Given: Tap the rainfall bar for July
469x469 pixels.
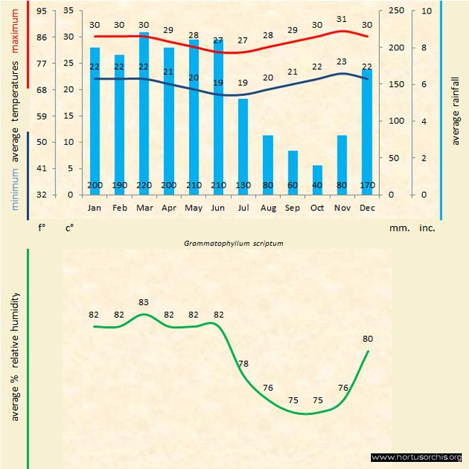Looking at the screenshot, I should click(x=243, y=146).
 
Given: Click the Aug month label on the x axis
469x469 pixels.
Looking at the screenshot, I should click(x=268, y=208).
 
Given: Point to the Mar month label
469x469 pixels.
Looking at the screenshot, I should click(x=144, y=208).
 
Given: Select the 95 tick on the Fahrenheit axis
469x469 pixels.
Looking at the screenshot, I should click(x=42, y=11).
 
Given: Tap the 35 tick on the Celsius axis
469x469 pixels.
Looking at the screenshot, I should click(x=68, y=11).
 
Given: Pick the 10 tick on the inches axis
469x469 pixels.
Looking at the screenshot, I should click(x=425, y=11).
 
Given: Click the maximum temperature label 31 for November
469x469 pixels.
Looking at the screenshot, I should click(x=342, y=20).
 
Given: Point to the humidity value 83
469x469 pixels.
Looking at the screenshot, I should click(x=144, y=302).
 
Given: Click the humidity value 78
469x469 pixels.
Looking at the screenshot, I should click(x=243, y=364).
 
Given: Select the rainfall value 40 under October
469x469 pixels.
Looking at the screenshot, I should click(x=317, y=186).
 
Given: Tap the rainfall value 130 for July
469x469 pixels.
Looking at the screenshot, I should click(x=243, y=186).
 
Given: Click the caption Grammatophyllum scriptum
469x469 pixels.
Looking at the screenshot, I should click(x=234, y=243).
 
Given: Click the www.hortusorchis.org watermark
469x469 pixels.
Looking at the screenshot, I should click(x=417, y=457).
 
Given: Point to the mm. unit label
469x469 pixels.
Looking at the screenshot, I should click(x=397, y=229).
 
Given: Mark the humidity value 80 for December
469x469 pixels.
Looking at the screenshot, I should click(x=367, y=339).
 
